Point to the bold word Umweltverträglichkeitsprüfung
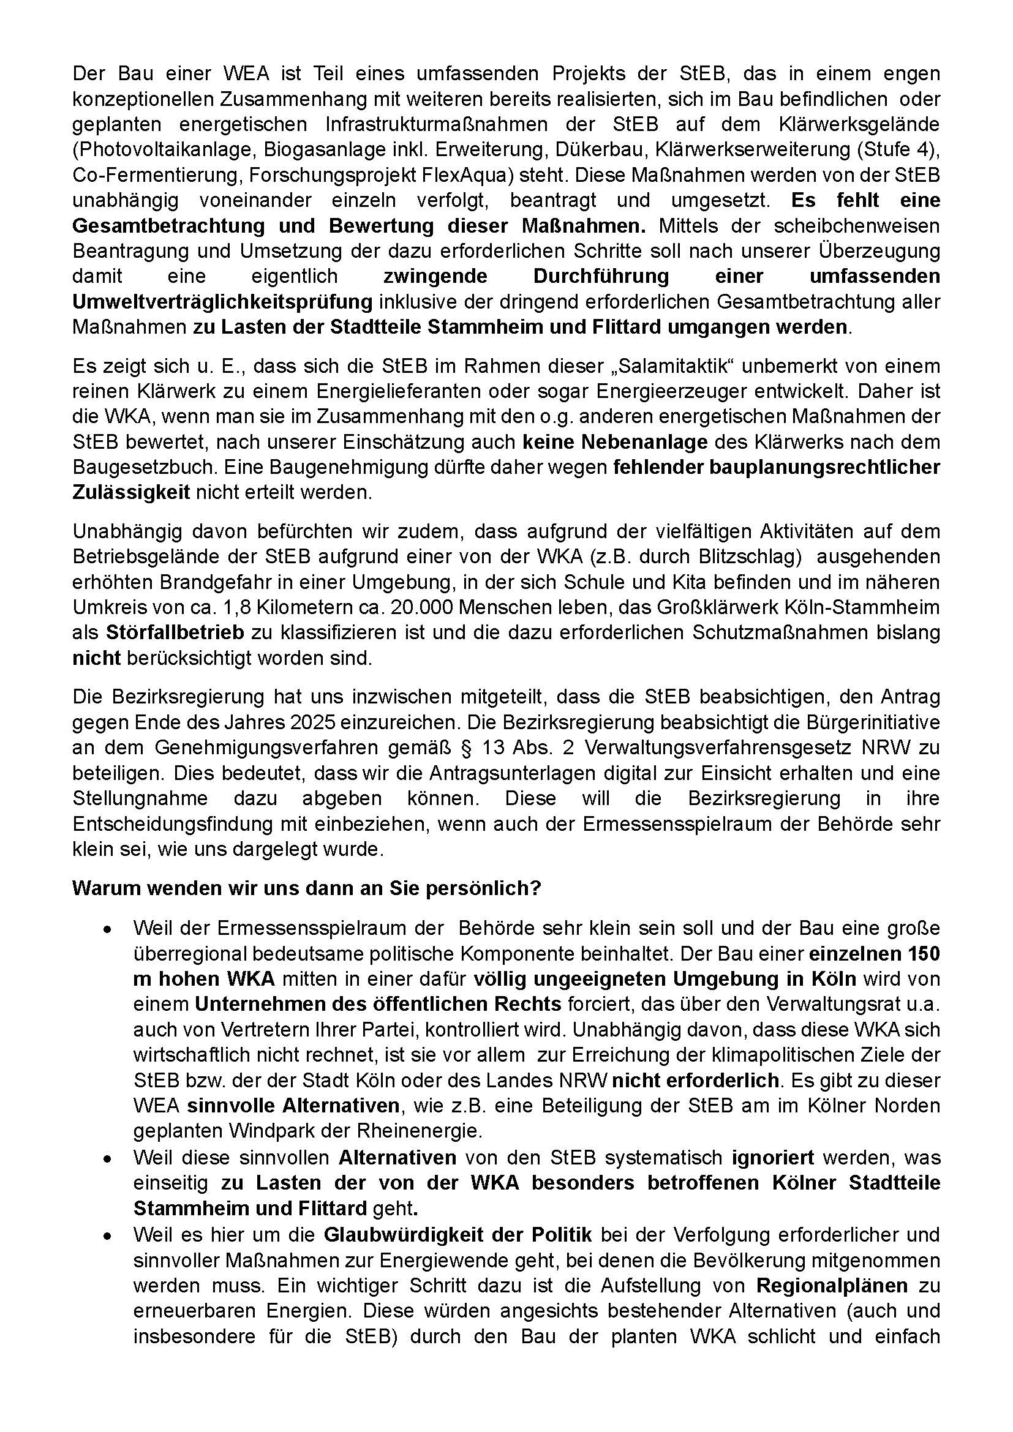tap(222, 302)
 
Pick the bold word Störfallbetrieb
tap(175, 632)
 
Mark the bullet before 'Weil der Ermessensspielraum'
tap(108, 929)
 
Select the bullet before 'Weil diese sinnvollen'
tap(108, 1158)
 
